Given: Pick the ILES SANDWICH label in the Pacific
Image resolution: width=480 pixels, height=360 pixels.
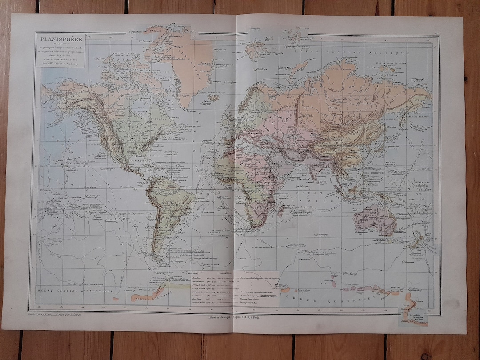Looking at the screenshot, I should (x=79, y=162).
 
